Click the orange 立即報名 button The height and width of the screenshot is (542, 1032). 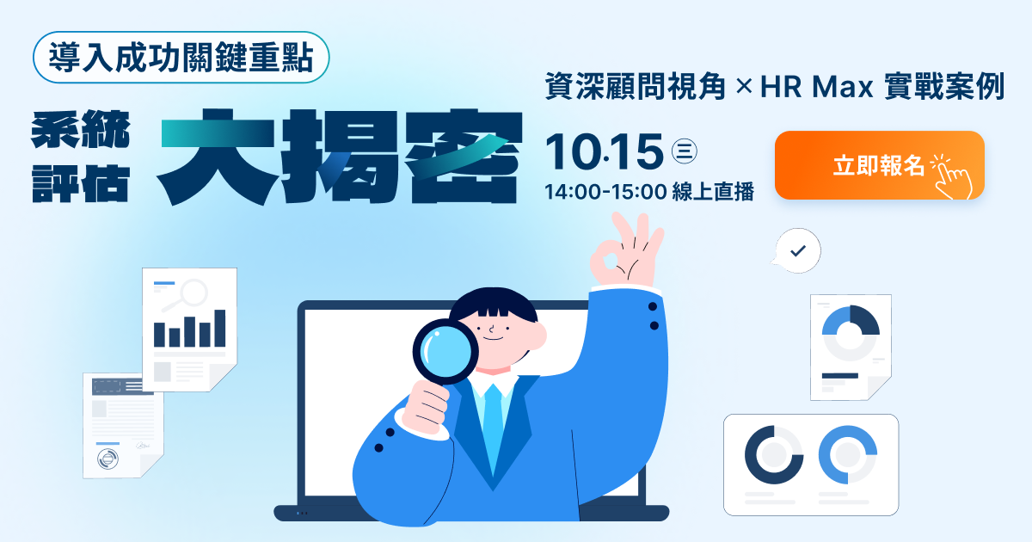pos(880,165)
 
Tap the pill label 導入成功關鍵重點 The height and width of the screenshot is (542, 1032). pos(181,58)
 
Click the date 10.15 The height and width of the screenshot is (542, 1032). pos(604,151)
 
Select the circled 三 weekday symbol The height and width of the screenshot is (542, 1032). pos(685,151)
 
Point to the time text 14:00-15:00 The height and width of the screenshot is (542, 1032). pos(605,191)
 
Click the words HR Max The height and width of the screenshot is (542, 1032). pos(817,86)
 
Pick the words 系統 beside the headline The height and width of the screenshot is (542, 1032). pos(81,129)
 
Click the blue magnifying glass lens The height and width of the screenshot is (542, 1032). pos(445,352)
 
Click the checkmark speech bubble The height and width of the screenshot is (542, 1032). pos(797,250)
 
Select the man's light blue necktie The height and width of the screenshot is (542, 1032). pos(493,428)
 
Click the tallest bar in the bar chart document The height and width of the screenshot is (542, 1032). pos(220,328)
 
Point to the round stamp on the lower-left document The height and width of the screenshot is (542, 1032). pos(107,459)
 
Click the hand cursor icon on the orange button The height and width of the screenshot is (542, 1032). pos(952,176)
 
